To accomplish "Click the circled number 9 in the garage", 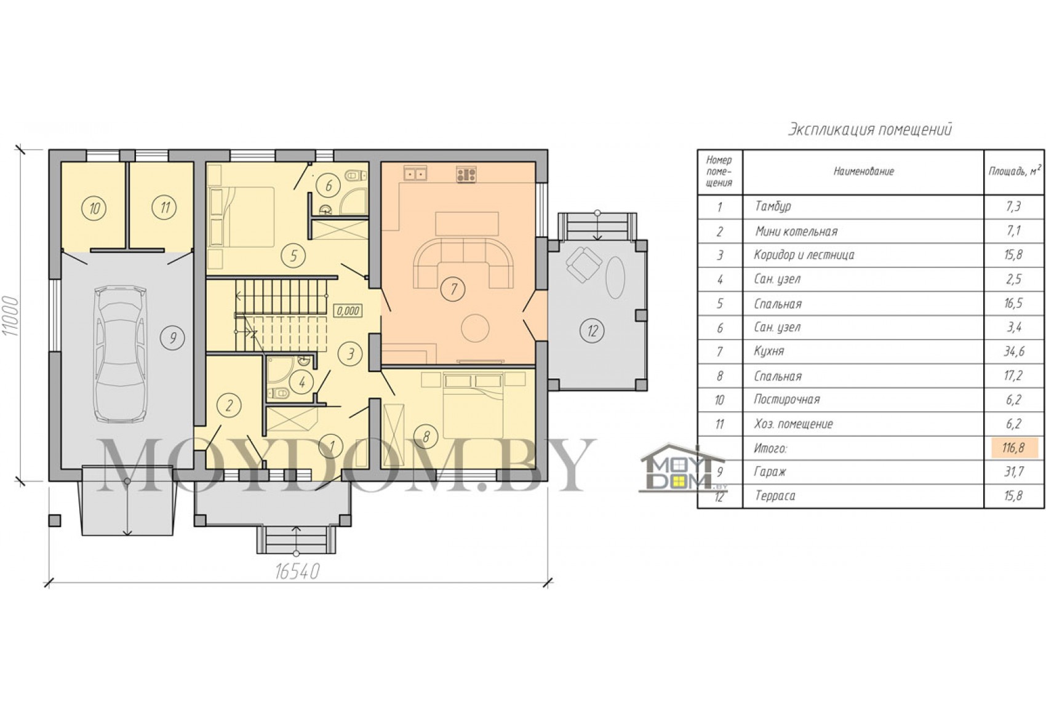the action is point(174,338).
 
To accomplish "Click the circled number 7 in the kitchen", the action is point(453,289).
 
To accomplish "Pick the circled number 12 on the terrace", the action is point(592,331).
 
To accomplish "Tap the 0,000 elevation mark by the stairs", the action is point(348,311).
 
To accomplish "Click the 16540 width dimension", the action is point(297,571).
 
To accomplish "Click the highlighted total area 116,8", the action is point(1013,448).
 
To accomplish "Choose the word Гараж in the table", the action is point(770,472).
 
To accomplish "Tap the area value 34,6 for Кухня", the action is point(1014,351).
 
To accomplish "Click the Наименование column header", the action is point(864,172).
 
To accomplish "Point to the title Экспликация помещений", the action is point(869,129).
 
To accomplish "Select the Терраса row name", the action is point(775,496).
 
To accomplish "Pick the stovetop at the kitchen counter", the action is point(466,175).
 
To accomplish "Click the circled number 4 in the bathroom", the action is point(301,383).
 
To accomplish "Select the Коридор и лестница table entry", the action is point(804,255).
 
